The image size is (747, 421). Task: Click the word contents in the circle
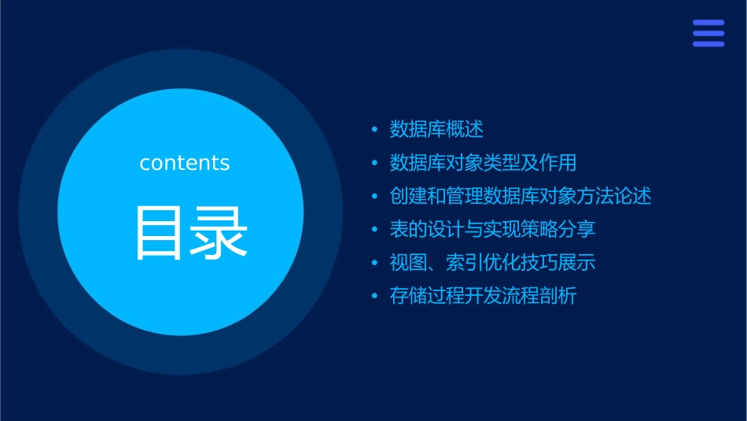[185, 163]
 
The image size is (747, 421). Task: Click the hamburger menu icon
[708, 34]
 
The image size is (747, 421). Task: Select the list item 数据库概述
[436, 129]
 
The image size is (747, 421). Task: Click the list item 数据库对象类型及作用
[483, 163]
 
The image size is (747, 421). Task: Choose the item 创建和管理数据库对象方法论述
[521, 196]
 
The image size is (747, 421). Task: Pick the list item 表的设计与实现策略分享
[492, 229]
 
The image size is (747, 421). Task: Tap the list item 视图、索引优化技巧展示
[492, 263]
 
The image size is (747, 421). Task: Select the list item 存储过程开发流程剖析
[483, 297]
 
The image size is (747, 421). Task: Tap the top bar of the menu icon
[708, 23]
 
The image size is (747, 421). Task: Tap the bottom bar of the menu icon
[708, 45]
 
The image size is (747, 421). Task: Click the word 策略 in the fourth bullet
[539, 229]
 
